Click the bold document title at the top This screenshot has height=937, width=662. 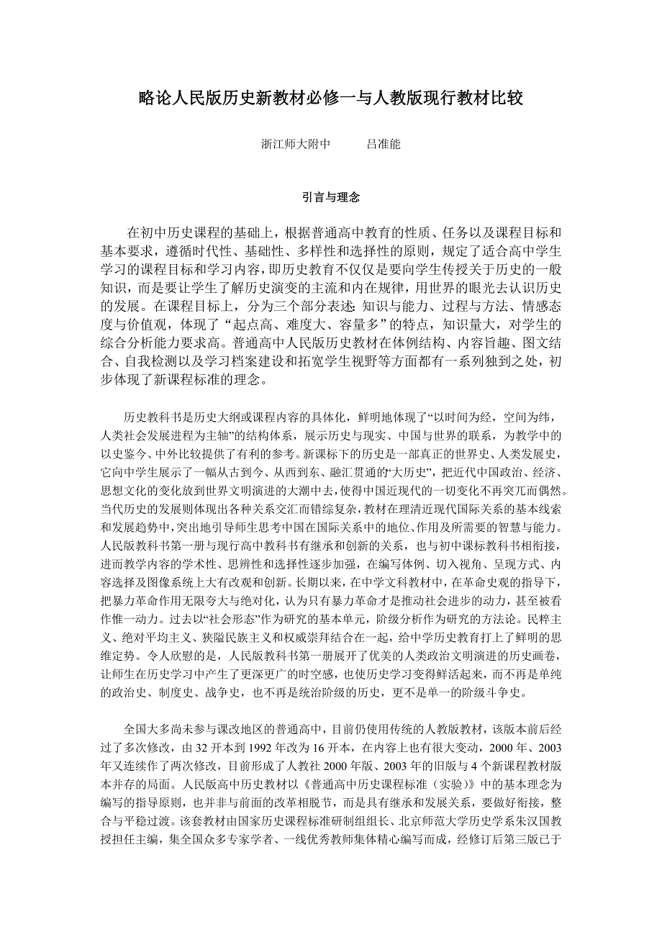click(x=330, y=99)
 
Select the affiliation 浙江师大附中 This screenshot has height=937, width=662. click(x=295, y=144)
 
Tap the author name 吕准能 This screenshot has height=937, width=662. click(x=384, y=144)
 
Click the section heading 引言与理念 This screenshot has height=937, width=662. click(x=330, y=196)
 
